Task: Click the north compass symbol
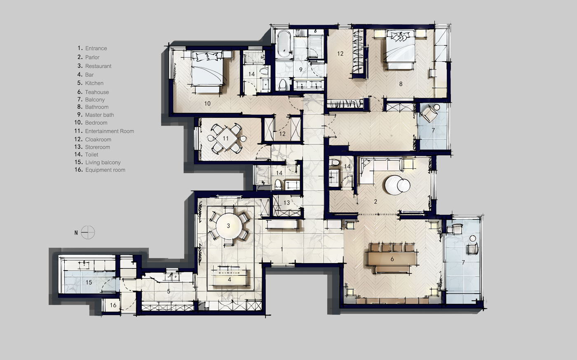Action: pyautogui.click(x=88, y=233)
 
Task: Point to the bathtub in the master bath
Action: pyautogui.click(x=284, y=44)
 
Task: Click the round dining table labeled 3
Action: pyautogui.click(x=229, y=226)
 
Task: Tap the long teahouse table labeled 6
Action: pyautogui.click(x=392, y=259)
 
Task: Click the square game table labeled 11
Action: pyautogui.click(x=226, y=139)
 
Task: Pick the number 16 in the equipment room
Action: pyautogui.click(x=113, y=305)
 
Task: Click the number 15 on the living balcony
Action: pyautogui.click(x=89, y=282)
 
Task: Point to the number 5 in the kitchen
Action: pyautogui.click(x=169, y=291)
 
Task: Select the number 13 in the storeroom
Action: pyautogui.click(x=287, y=203)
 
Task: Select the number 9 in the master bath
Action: pyautogui.click(x=300, y=70)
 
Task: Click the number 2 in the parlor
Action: pyautogui.click(x=375, y=202)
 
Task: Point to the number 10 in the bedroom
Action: pyautogui.click(x=207, y=104)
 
